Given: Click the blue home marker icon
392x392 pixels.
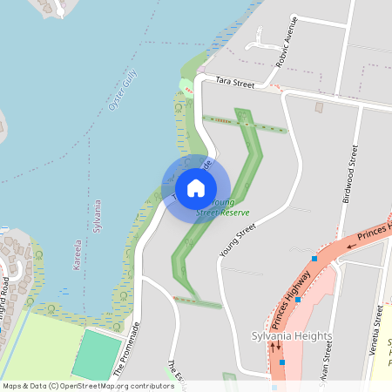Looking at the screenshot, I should pyautogui.click(x=196, y=188).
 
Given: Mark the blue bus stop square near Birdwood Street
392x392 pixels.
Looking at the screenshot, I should pyautogui.click(x=314, y=258).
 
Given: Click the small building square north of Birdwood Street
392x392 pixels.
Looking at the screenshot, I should pyautogui.click(x=319, y=107).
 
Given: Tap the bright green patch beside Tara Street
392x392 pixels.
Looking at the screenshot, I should pyautogui.click(x=185, y=86).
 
